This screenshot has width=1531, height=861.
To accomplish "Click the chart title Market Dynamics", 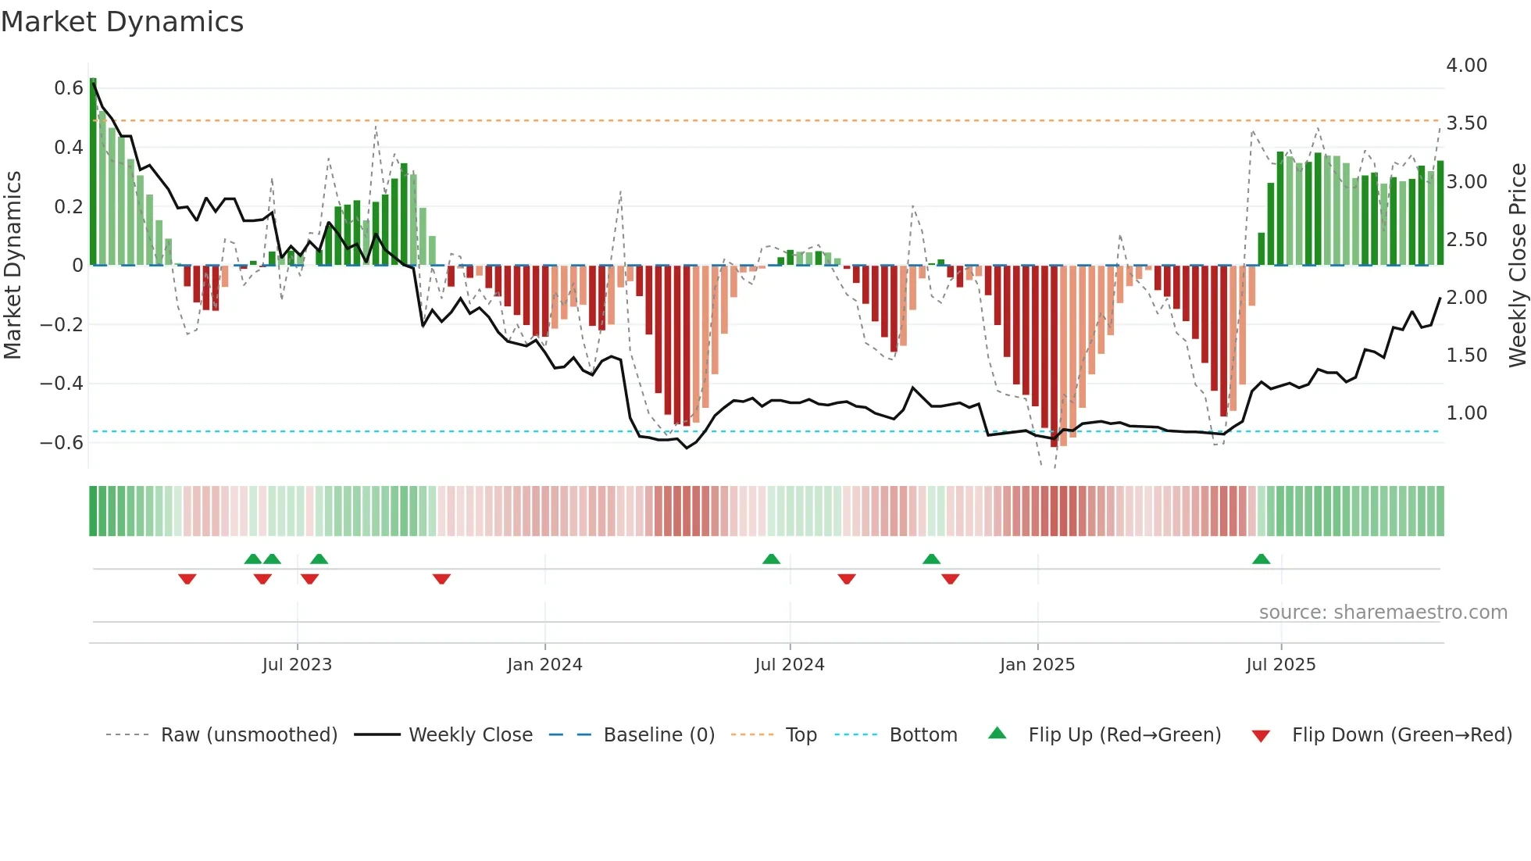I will tap(123, 22).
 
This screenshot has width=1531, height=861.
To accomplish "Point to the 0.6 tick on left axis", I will tap(69, 88).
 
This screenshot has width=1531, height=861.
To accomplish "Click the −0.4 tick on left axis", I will tap(62, 384).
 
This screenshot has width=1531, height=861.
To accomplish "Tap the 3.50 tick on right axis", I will tap(1466, 123).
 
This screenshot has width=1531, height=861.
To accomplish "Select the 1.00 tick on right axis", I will tap(1466, 413).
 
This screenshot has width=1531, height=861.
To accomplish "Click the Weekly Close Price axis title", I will tap(1517, 265).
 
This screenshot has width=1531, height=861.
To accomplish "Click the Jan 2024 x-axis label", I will tap(544, 665).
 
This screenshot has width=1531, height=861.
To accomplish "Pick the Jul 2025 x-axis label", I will tap(1280, 665).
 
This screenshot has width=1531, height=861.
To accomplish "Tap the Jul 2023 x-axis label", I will tap(297, 665).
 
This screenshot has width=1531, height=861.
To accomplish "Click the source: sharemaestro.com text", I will tap(1383, 613).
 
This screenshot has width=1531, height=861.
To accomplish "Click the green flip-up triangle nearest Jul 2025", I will tap(1261, 559).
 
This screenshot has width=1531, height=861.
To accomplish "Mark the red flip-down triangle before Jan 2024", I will tap(441, 579).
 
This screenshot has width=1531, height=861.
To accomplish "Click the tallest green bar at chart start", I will tap(93, 172).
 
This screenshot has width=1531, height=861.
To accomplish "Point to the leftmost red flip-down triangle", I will tap(187, 579).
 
